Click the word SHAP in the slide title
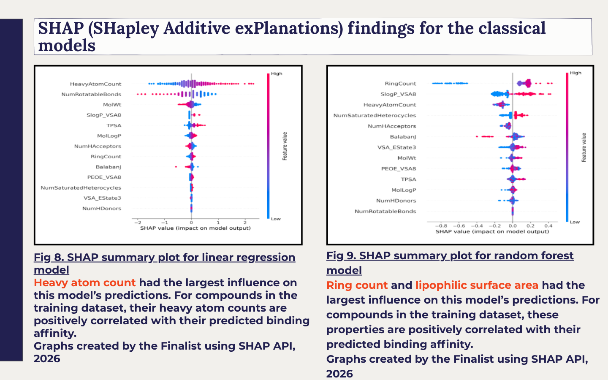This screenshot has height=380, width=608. (61, 28)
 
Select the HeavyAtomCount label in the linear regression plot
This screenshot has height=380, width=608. (95, 84)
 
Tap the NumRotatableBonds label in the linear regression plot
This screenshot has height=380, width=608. (91, 95)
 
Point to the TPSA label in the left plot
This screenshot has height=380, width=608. (114, 125)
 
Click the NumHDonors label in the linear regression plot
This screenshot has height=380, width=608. (102, 209)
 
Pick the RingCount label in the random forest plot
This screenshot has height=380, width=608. (400, 84)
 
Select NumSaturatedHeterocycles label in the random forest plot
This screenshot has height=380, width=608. (375, 115)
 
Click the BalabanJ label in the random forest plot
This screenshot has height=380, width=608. (403, 137)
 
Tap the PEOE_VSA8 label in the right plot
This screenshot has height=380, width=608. (399, 168)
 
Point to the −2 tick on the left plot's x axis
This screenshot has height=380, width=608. (137, 223)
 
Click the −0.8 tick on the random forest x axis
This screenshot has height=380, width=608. (441, 226)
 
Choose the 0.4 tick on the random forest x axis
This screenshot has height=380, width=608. (548, 226)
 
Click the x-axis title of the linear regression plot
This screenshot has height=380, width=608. (195, 228)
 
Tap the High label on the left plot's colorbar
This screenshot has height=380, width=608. (277, 73)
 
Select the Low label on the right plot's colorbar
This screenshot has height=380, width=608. (575, 222)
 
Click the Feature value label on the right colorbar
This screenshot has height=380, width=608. (584, 147)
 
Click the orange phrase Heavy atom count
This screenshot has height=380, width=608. (85, 283)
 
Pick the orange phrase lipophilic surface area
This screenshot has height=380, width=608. (477, 285)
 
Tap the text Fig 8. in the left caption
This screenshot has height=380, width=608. (49, 257)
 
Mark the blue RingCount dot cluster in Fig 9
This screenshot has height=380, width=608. (450, 83)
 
